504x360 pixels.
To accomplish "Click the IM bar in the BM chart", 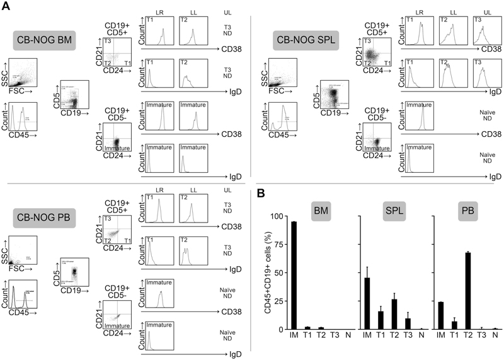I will [x=294, y=276].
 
